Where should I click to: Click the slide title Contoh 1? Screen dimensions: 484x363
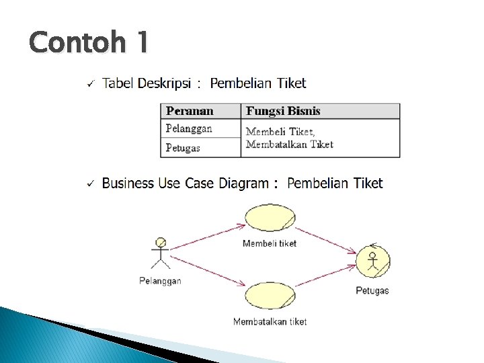tap(88, 43)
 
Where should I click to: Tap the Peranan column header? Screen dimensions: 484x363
tap(190, 112)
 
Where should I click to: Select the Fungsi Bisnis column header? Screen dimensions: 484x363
tap(283, 112)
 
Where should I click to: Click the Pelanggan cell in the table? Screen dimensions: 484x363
tap(189, 128)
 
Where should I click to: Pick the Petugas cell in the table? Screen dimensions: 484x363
tap(183, 147)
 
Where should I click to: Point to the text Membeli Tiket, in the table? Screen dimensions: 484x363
tap(280, 132)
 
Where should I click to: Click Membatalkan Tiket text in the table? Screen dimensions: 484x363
tap(289, 144)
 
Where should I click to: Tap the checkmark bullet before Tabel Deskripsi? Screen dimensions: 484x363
tap(89, 84)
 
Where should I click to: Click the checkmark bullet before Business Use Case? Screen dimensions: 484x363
tap(89, 184)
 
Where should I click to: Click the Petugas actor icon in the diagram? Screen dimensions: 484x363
tap(374, 260)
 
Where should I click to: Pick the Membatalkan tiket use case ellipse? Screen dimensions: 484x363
tap(270, 296)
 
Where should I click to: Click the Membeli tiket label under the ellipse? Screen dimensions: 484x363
tap(270, 243)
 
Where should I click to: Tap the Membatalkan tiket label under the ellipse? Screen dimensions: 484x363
tap(270, 322)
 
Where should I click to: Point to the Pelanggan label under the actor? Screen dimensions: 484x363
tap(160, 281)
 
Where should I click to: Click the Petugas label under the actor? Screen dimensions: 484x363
tap(372, 291)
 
